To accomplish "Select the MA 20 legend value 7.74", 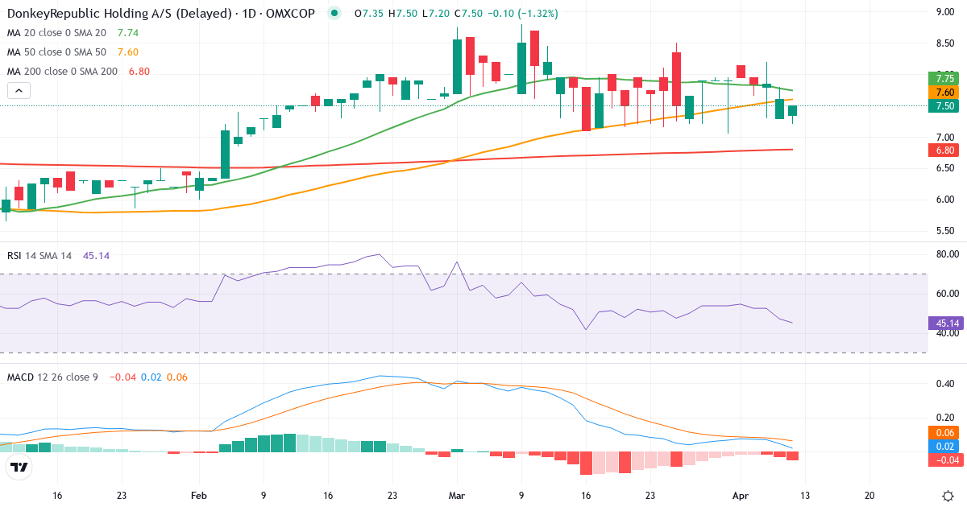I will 128,33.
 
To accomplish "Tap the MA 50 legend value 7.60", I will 128,52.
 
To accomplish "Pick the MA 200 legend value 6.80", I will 139,72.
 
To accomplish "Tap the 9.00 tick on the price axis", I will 945,12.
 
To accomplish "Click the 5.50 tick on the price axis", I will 945,231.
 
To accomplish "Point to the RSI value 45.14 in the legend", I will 96,255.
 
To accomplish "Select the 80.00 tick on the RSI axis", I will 945,254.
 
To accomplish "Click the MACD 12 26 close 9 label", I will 52,377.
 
